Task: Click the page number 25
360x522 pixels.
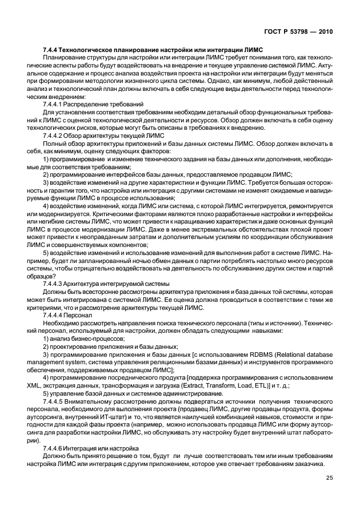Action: pos(329,479)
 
